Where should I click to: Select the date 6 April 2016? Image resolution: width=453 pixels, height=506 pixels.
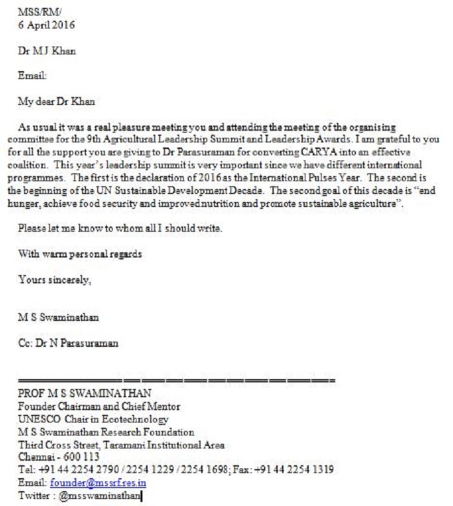click(47, 25)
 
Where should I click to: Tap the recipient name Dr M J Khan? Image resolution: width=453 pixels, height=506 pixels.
click(47, 51)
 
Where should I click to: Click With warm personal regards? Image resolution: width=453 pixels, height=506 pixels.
click(80, 254)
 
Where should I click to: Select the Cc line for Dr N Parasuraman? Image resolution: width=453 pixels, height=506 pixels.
click(68, 343)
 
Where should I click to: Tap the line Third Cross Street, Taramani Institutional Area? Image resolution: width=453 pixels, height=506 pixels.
click(121, 445)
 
